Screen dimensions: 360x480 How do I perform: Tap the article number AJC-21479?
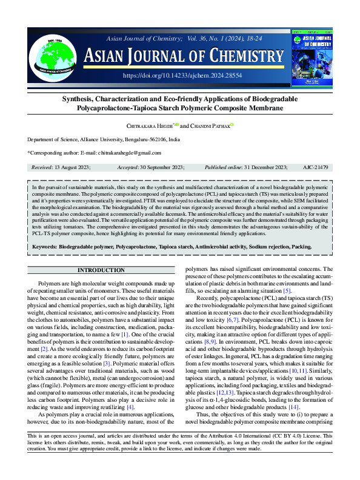[x=315, y=167]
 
